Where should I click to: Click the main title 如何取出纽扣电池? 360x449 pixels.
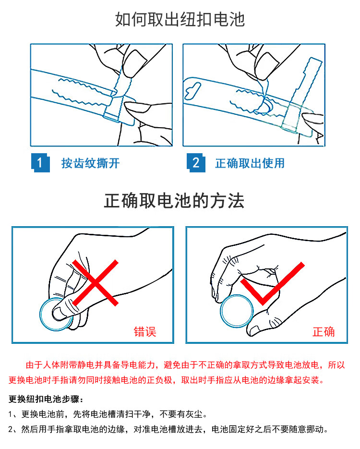[180, 20]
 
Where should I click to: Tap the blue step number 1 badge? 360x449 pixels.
[40, 163]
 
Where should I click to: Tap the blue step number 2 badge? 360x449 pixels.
[196, 163]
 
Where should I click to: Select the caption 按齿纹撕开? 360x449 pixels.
[90, 163]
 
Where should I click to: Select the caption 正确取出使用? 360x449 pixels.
[250, 163]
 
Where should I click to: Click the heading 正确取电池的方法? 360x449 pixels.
[174, 201]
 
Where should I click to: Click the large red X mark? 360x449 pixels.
[95, 283]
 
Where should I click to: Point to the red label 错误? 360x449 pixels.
[145, 332]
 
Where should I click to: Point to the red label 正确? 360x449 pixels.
[324, 332]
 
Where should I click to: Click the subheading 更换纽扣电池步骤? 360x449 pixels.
[46, 399]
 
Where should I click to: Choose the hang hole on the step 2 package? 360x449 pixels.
[192, 90]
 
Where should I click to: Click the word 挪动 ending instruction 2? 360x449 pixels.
[315, 429]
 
